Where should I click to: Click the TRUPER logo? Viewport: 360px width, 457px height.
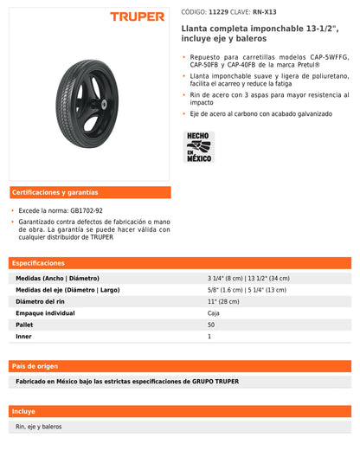138,16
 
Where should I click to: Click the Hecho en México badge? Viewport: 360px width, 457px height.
198,146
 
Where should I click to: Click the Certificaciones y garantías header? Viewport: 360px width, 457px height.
55,192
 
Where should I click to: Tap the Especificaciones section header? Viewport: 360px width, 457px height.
40,262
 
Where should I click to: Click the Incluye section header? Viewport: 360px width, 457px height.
24,411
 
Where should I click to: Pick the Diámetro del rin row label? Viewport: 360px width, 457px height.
42,301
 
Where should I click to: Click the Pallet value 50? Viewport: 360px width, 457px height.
211,324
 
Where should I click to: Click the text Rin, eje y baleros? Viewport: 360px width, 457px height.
39,427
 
